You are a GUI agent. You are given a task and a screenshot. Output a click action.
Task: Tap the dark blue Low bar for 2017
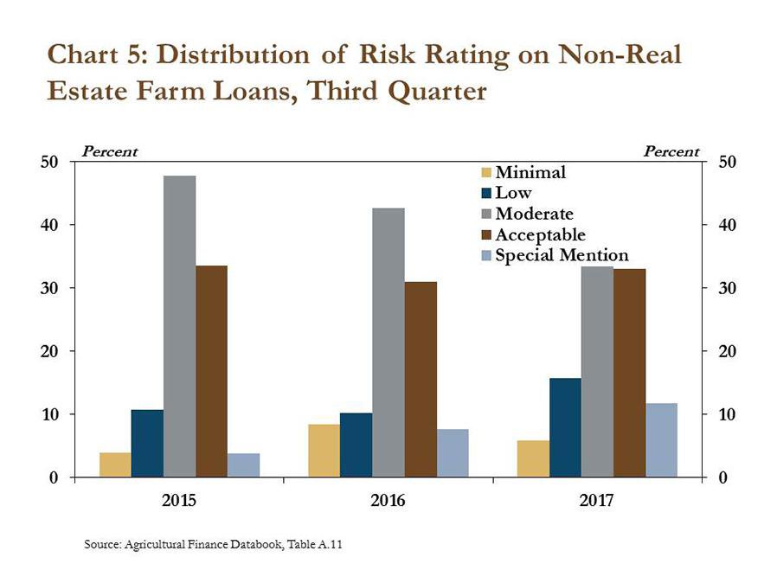(565, 427)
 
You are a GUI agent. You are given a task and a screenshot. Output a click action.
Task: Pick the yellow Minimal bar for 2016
(324, 450)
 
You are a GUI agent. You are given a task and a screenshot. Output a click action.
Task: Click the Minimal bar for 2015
(115, 464)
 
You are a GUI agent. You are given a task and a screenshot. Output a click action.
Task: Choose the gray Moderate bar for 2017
(597, 371)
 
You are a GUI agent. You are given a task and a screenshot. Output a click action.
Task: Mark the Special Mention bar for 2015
(243, 464)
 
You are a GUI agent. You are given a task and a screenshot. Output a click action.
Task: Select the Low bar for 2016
(356, 445)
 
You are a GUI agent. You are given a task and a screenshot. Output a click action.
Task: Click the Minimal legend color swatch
(485, 173)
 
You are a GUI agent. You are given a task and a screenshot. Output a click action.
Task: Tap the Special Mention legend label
(562, 256)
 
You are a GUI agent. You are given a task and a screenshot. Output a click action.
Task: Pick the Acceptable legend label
(540, 235)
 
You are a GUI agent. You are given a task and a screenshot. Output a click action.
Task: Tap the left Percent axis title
(109, 151)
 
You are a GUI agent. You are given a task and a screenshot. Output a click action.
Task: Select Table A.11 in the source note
(322, 544)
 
